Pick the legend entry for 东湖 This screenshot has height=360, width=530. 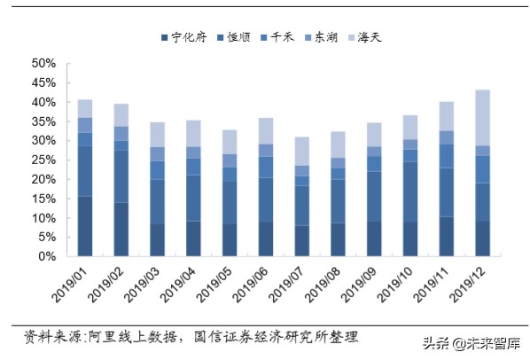[x=331, y=37]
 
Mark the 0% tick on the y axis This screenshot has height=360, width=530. [x=48, y=257]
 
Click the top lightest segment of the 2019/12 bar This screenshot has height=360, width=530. [x=482, y=117]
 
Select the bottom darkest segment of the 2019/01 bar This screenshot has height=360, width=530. [x=85, y=226]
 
